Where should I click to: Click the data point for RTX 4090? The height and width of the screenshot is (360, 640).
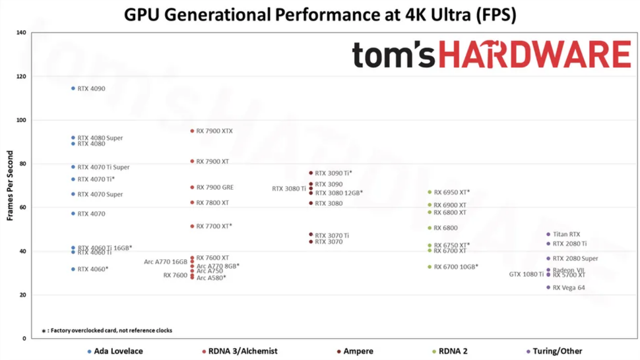tap(73, 88)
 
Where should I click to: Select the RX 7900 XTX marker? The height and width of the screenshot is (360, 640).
tap(192, 131)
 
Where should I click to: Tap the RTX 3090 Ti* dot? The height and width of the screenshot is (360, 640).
tap(311, 173)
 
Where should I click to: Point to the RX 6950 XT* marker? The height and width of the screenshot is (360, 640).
tap(430, 193)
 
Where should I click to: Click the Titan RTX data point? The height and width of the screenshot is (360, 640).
tap(548, 234)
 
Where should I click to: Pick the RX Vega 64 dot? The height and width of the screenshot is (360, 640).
tap(548, 287)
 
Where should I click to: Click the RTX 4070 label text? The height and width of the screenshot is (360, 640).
tap(91, 214)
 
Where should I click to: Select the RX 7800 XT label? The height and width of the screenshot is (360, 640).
tap(212, 203)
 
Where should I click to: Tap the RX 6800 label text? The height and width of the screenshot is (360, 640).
tap(445, 228)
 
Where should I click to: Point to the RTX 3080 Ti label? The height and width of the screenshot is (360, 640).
tap(289, 189)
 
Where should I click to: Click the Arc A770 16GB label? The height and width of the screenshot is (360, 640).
tap(166, 262)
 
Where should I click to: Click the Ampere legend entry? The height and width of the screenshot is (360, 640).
tap(358, 351)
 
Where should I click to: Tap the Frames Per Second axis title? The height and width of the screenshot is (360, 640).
tap(10, 186)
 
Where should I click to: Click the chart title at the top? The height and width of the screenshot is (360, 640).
tap(321, 15)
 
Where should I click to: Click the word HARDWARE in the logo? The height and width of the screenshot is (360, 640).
tap(534, 55)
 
